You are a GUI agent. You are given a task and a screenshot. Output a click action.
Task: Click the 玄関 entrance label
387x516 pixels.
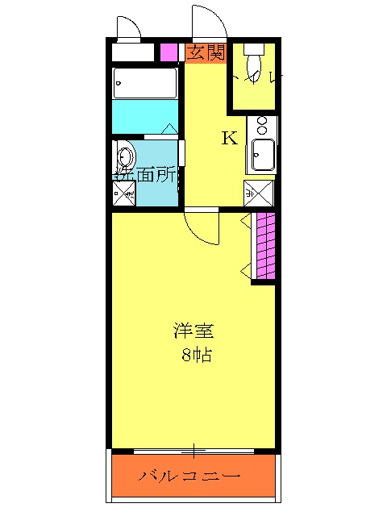click(206, 53)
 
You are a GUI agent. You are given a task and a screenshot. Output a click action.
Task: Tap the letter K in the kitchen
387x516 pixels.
click(230, 138)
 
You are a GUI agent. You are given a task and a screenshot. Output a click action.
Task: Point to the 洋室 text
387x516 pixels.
click(194, 331)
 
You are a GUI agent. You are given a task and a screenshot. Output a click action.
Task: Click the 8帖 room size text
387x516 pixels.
click(196, 355)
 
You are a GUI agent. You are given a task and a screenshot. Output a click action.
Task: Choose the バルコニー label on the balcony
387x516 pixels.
click(189, 476)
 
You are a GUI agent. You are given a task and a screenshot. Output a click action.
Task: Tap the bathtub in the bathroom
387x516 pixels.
click(145, 82)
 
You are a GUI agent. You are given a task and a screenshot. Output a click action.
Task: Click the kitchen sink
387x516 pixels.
click(264, 153)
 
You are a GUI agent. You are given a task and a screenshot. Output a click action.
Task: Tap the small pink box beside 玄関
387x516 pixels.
click(169, 53)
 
